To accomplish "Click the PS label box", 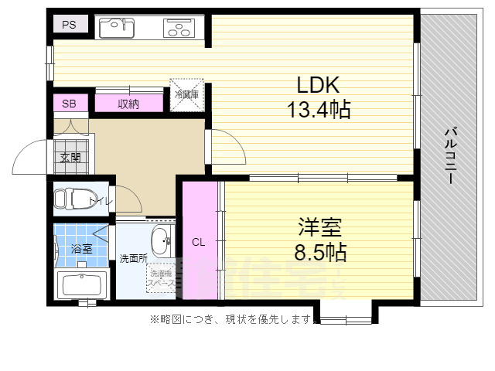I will coord(70,25).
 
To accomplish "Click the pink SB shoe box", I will coord(70,104).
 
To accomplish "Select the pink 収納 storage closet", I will coord(129,104).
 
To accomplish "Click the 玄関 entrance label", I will coord(70,157).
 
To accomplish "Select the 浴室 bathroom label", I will coord(81,249).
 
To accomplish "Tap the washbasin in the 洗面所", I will coord(162,241).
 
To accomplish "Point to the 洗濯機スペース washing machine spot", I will coord(161,278).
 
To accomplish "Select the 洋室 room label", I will coord(320,228).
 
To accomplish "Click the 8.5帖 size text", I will coord(320,252).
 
